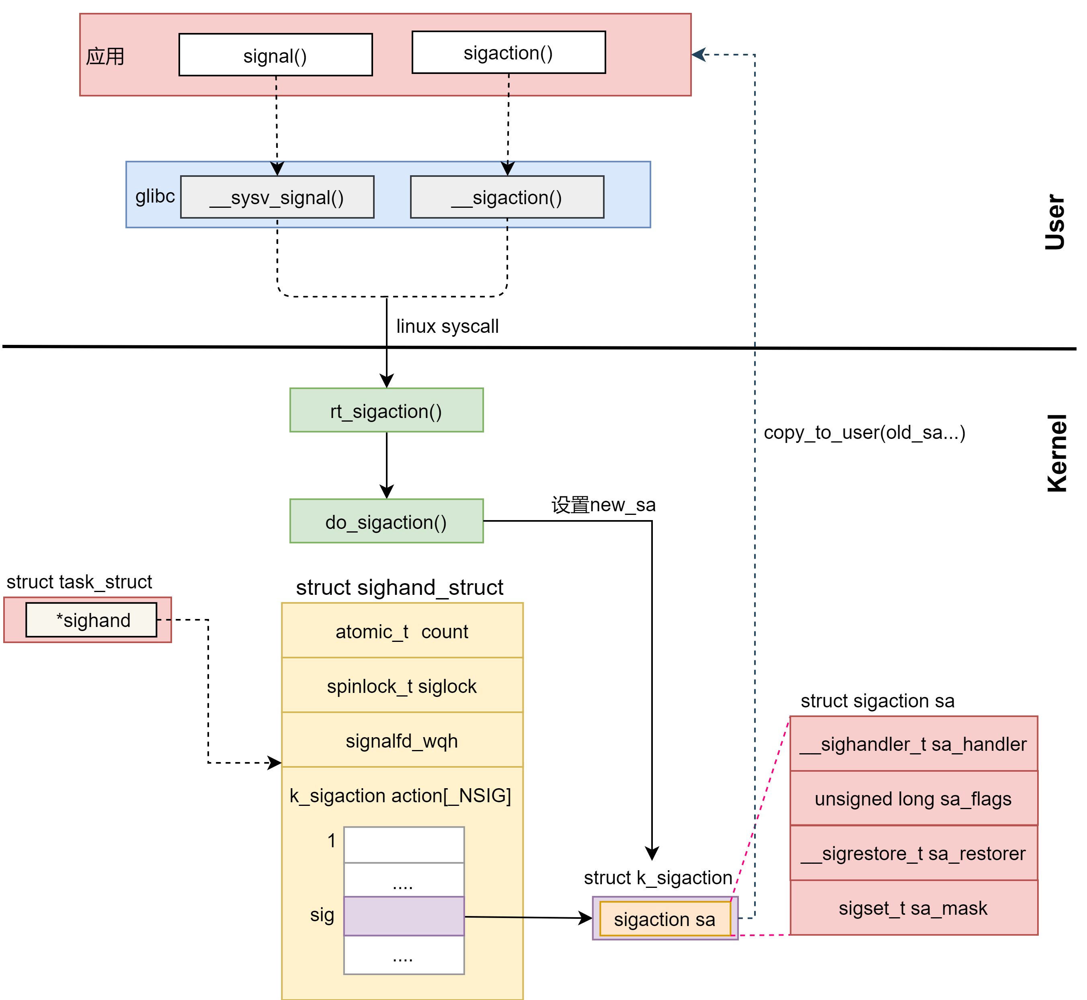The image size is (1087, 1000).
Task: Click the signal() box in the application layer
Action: pos(275,55)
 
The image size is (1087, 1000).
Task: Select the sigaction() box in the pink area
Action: pos(508,53)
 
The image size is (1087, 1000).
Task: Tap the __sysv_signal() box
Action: pos(277,197)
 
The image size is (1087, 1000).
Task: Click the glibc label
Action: pos(155,196)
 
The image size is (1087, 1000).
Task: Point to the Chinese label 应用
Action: pos(105,56)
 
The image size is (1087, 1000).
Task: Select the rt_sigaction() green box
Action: pos(386,411)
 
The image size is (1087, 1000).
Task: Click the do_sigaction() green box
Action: pos(386,522)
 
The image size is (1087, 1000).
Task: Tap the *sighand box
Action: pos(92,620)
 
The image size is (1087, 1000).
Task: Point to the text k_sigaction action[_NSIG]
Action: pos(400,795)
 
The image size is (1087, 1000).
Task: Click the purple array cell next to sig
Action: pos(404,916)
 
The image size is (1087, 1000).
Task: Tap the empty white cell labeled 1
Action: pos(404,845)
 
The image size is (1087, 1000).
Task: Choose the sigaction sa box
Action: pos(665,919)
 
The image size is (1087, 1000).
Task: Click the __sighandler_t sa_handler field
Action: pos(913,744)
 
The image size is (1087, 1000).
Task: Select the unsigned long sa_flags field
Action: pos(913,799)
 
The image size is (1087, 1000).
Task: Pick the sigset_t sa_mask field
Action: pos(913,908)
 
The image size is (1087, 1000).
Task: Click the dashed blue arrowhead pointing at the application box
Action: pos(699,55)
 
